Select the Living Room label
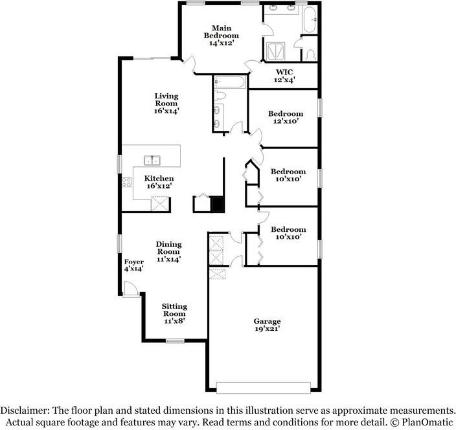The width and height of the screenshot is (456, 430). point(166,104)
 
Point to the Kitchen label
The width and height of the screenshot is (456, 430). point(159,182)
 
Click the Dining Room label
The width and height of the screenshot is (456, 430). point(168,251)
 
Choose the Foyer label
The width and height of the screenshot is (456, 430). point(134,265)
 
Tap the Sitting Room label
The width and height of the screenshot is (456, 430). point(174,313)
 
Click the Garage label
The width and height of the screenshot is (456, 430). point(267,324)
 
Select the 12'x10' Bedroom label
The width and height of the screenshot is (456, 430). point(286,117)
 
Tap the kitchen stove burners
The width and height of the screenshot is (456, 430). point(127,182)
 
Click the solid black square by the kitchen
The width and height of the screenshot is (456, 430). point(218,205)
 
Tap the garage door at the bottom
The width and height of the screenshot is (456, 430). point(264,387)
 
